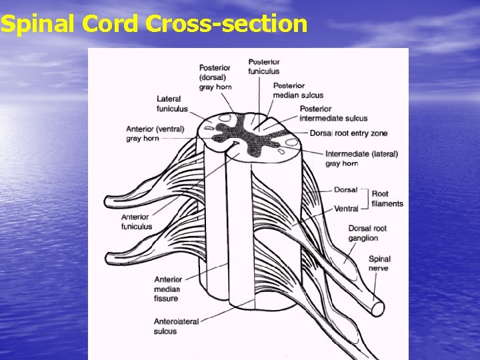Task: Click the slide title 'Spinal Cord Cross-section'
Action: pyautogui.click(x=154, y=25)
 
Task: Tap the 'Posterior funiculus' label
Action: pyautogui.click(x=264, y=67)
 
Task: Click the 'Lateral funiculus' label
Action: pyautogui.click(x=172, y=104)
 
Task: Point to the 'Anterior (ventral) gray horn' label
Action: pyautogui.click(x=155, y=133)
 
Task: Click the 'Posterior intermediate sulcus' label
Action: pyautogui.click(x=333, y=113)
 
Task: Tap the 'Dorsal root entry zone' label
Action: pyautogui.click(x=348, y=133)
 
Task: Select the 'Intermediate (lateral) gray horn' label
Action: pyautogui.click(x=361, y=158)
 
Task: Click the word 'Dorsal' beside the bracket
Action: pyautogui.click(x=345, y=190)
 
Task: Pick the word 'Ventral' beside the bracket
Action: pyautogui.click(x=346, y=209)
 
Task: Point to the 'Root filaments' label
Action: pyautogui.click(x=387, y=199)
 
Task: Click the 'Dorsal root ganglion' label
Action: pyautogui.click(x=367, y=233)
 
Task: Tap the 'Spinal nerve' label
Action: pyautogui.click(x=379, y=263)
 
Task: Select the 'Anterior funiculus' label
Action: pyautogui.click(x=136, y=221)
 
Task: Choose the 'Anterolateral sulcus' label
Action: pyautogui.click(x=176, y=326)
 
